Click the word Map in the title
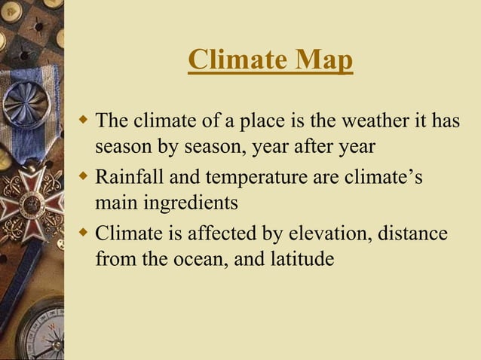click(x=323, y=60)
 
